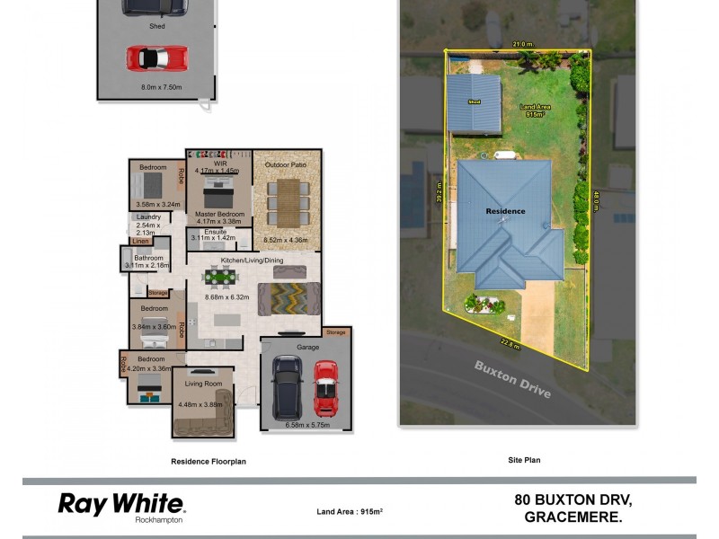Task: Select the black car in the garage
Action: (288, 387)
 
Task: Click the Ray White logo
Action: (120, 506)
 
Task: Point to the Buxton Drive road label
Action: (513, 381)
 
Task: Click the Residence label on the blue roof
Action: (505, 211)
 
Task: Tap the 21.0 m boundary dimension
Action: (523, 43)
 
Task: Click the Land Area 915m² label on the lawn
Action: (536, 110)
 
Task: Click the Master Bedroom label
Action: (220, 215)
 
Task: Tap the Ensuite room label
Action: (216, 232)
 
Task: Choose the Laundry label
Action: (149, 217)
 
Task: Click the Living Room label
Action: (203, 384)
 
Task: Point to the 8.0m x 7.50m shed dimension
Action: (162, 87)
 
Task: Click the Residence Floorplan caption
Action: (209, 462)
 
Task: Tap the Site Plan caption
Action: (523, 460)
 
